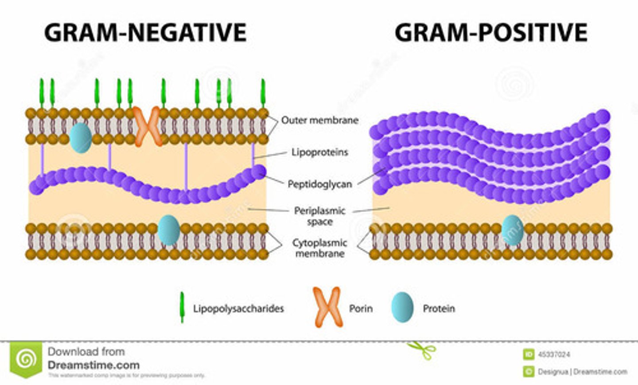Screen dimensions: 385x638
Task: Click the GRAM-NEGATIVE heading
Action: pyautogui.click(x=145, y=32)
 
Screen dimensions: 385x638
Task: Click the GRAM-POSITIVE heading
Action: pyautogui.click(x=491, y=32)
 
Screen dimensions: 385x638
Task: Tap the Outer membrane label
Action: pyautogui.click(x=320, y=120)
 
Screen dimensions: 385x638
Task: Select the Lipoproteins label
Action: pyautogui.click(x=320, y=152)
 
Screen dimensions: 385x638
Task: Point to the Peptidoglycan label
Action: pyautogui.click(x=320, y=184)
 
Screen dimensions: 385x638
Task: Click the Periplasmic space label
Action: pyautogui.click(x=320, y=216)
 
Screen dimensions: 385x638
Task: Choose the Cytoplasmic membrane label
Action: pyautogui.click(x=320, y=248)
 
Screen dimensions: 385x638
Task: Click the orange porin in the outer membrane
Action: pyautogui.click(x=148, y=126)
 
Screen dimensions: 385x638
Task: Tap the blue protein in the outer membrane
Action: pyautogui.click(x=81, y=138)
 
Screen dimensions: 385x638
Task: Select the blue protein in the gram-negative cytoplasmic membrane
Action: pyautogui.click(x=169, y=230)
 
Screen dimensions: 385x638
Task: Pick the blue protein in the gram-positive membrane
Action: pyautogui.click(x=512, y=230)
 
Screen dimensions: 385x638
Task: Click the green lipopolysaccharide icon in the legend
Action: pyautogui.click(x=182, y=307)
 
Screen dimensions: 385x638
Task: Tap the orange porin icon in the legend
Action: pyautogui.click(x=328, y=307)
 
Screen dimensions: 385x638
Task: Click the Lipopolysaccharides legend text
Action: pyautogui.click(x=238, y=308)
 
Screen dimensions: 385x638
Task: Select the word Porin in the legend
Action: pyautogui.click(x=361, y=308)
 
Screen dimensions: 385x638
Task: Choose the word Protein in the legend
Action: pyautogui.click(x=439, y=308)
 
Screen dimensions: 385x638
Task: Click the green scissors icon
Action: pyautogui.click(x=422, y=350)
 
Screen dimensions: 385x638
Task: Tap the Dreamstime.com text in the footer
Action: pyautogui.click(x=93, y=366)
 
